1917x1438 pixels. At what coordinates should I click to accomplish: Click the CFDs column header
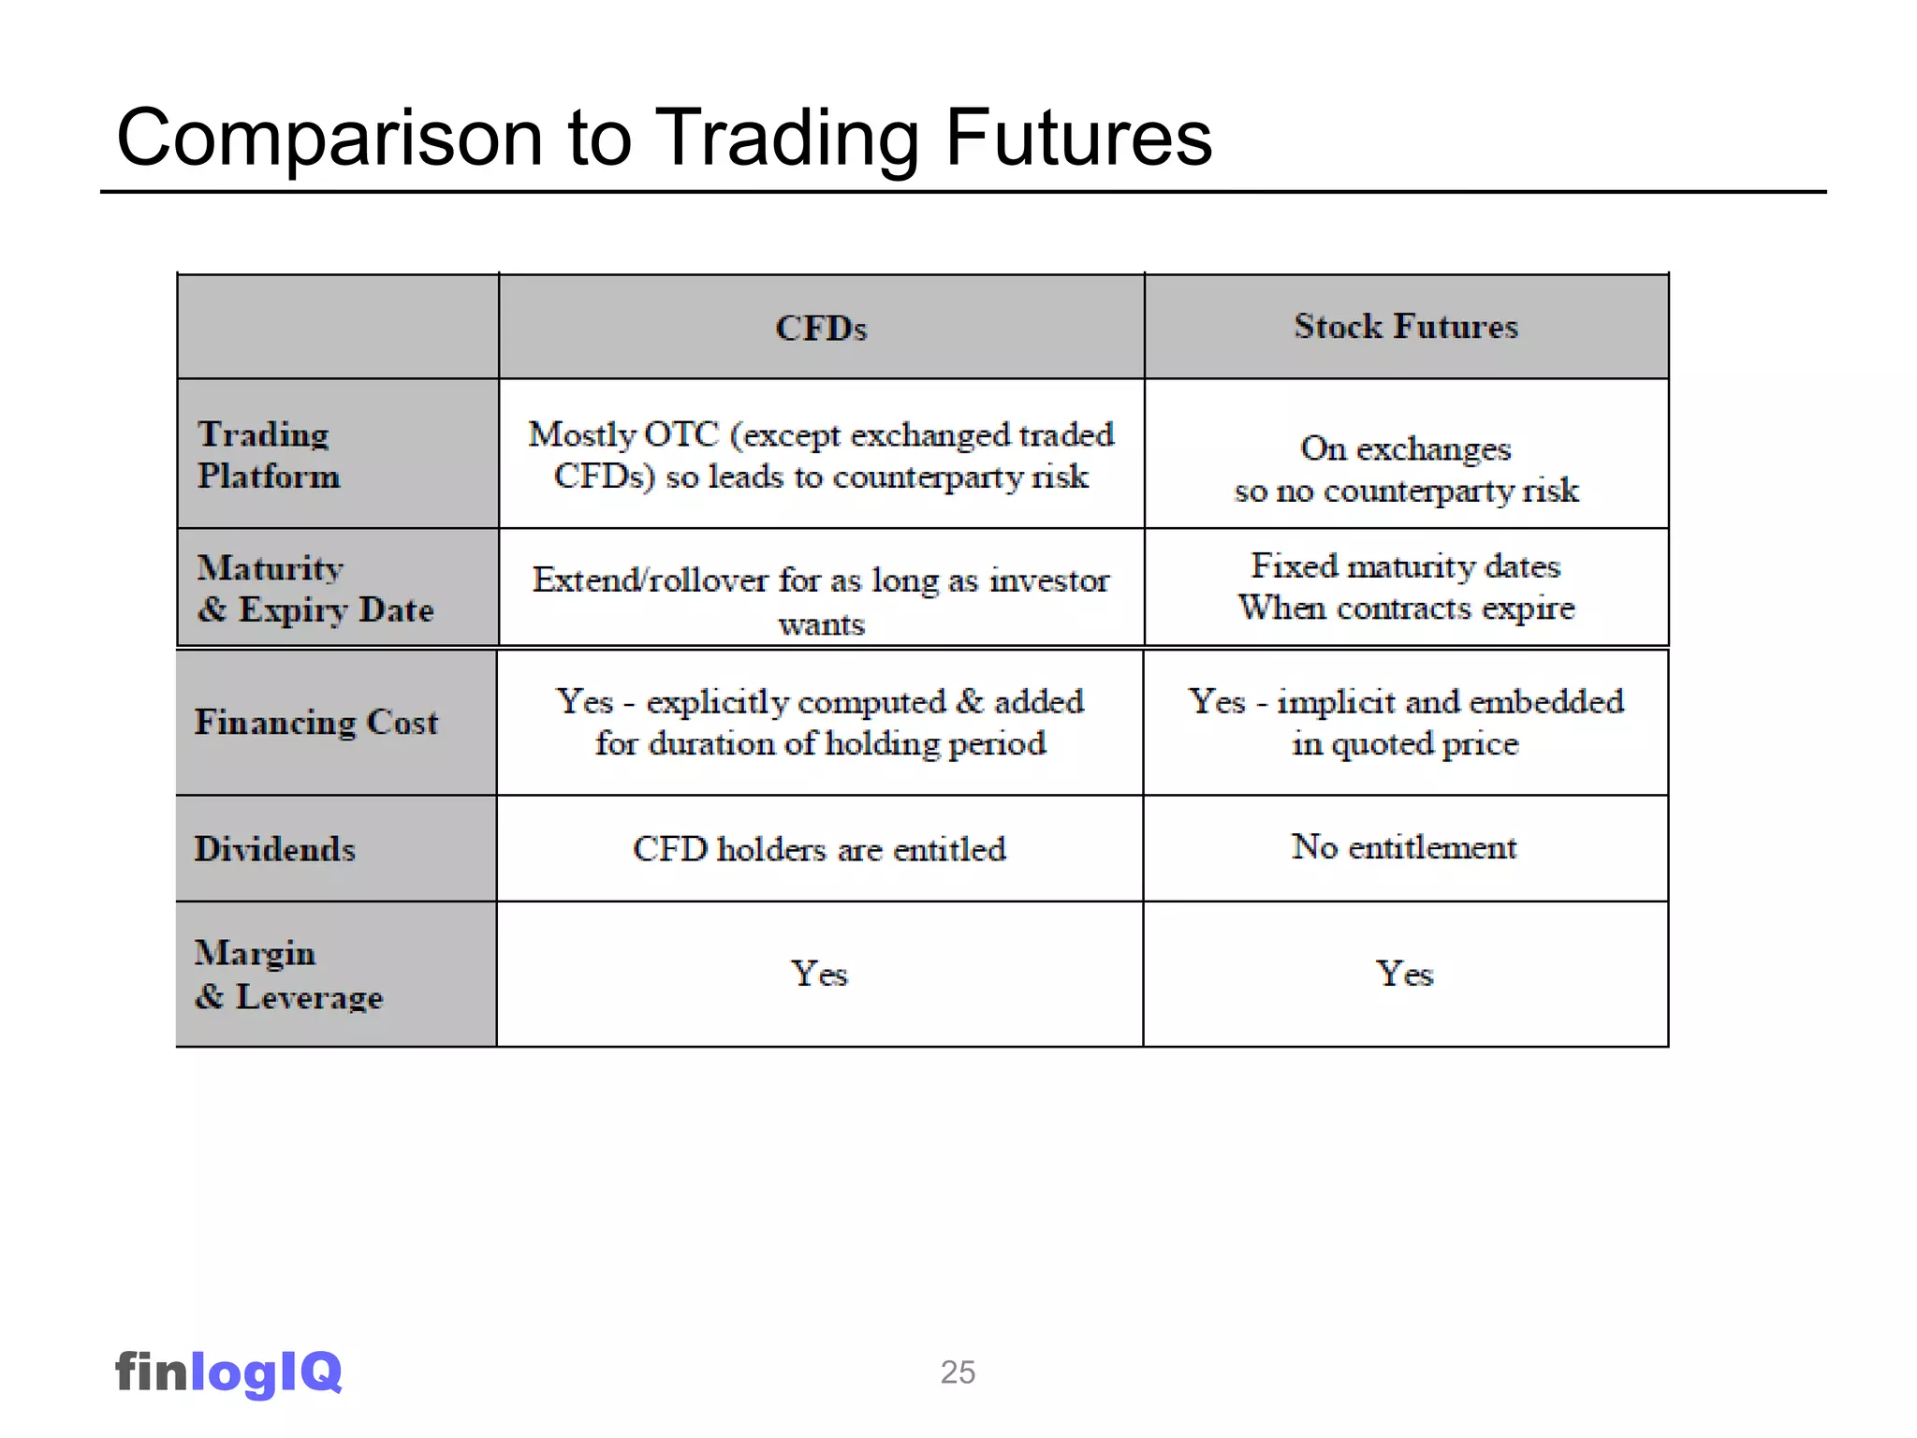point(821,328)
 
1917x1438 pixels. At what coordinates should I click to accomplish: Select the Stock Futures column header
point(1405,326)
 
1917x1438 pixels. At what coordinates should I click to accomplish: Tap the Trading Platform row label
point(268,455)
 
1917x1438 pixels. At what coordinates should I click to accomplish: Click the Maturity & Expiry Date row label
point(315,588)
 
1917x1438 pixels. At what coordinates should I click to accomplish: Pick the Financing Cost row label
point(315,722)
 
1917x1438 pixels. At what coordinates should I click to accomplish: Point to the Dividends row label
point(274,848)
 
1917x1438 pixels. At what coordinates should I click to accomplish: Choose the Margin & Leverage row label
point(288,975)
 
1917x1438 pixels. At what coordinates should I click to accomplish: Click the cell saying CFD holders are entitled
point(819,848)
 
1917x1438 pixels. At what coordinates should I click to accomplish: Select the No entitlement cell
point(1404,846)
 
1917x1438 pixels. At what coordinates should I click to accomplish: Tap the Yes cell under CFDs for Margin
point(819,974)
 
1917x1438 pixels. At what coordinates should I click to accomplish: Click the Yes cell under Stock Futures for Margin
point(1404,974)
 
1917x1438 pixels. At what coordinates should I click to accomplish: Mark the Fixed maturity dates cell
point(1405,587)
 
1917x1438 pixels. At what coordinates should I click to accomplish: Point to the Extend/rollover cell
point(821,599)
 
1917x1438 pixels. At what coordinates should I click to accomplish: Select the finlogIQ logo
point(228,1372)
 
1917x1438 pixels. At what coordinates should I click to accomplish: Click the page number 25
point(958,1372)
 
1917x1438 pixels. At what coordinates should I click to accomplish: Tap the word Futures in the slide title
point(1078,138)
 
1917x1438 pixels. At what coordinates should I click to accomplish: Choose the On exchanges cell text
point(1405,449)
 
